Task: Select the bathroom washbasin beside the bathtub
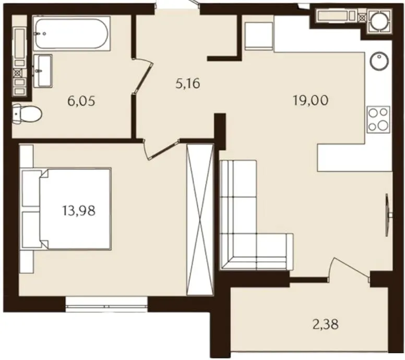coord(43,70)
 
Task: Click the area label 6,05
coord(81,101)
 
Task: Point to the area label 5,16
coord(188,83)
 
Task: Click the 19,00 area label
coord(311,100)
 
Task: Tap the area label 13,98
coord(79,210)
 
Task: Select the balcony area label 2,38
coord(326,324)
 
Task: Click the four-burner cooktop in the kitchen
coord(378,119)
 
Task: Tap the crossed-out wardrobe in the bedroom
coord(200,220)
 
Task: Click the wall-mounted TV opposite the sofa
coord(388,215)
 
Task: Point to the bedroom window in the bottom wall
coord(106,305)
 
